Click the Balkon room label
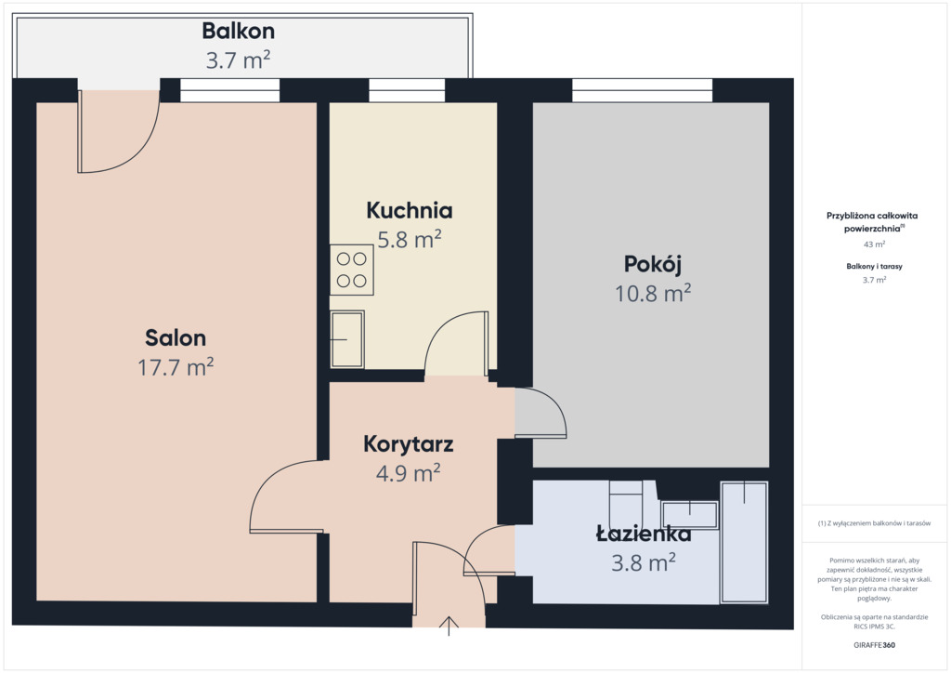coord(239,31)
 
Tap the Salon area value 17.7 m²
coord(176,367)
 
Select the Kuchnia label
coord(410,211)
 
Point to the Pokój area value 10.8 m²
coord(653,294)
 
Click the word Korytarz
coord(409,444)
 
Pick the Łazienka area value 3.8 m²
coord(644,562)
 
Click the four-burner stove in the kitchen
coord(352,271)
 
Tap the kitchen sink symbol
coord(347,339)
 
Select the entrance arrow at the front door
coord(449,626)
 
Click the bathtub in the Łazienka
coord(744,543)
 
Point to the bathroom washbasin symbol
coord(689,515)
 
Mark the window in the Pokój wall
coord(643,90)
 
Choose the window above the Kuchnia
coord(407,90)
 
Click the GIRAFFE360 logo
coord(874,645)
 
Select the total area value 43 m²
coord(874,244)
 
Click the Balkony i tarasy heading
coord(874,267)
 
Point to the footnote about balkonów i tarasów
coord(874,523)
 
